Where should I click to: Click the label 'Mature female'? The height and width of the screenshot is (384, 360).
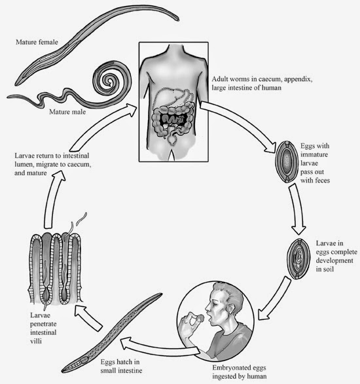(x=37, y=42)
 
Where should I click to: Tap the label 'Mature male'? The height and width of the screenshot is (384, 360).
(x=67, y=112)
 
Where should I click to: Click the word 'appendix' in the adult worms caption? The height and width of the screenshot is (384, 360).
(x=298, y=80)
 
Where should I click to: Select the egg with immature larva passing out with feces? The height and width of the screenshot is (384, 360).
(x=286, y=162)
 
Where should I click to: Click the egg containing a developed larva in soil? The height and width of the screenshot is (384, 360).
(x=298, y=259)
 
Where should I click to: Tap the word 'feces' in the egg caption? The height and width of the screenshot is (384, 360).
(x=322, y=181)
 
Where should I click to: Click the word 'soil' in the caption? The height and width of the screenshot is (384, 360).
(x=329, y=269)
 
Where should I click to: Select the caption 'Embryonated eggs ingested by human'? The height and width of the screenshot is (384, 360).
(x=239, y=372)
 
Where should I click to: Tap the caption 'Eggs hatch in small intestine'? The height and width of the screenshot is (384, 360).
(x=121, y=366)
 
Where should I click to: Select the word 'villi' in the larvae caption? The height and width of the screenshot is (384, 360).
(x=36, y=341)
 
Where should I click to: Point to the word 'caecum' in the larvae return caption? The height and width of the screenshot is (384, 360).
(x=78, y=164)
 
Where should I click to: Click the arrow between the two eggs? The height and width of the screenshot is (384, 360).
(x=297, y=209)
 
